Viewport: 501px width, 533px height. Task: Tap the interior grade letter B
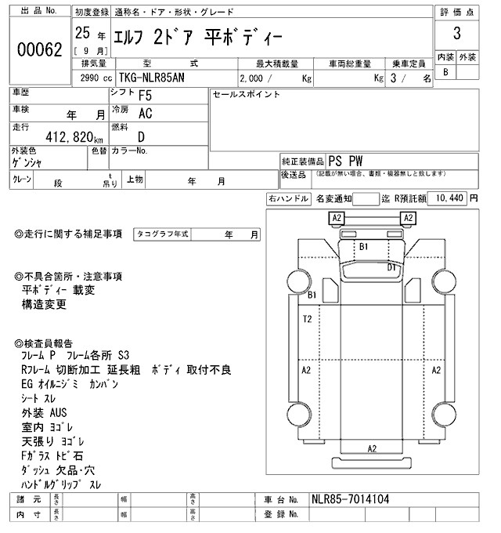[x=445, y=72]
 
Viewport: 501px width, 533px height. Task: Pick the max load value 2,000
[x=254, y=78]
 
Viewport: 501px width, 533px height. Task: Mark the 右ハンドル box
[x=288, y=199]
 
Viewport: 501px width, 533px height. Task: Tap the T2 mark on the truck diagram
[x=308, y=319]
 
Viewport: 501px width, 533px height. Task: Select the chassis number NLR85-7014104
[x=348, y=499]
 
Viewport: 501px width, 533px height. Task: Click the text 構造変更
[x=45, y=303]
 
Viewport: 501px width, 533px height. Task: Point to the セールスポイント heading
[x=246, y=94]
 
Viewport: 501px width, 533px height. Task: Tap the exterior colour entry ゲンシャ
[x=27, y=163]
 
